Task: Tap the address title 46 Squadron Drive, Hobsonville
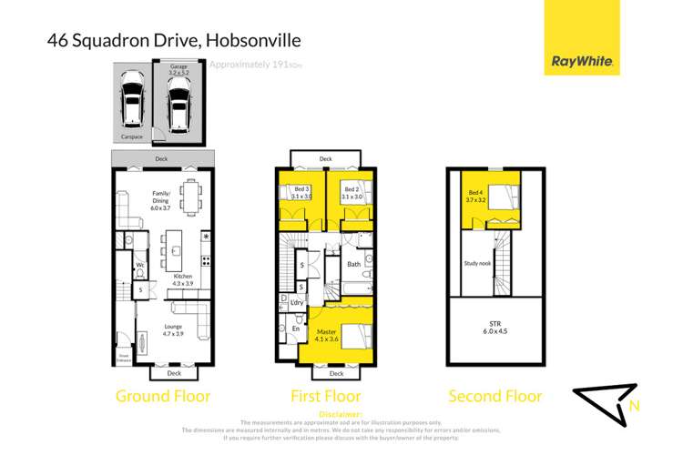(x=173, y=40)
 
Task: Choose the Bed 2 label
(x=350, y=192)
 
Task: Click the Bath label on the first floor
(x=354, y=265)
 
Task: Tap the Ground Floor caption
(x=162, y=396)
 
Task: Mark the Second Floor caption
(x=495, y=396)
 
